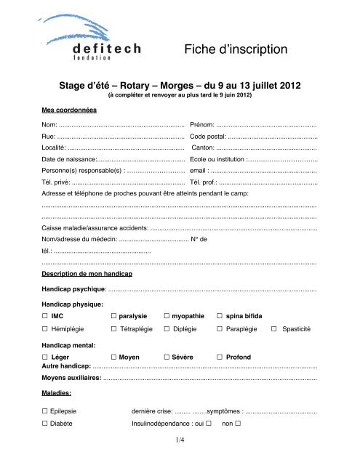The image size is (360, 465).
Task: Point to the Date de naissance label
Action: coord(69,158)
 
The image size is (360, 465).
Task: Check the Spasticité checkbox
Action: coord(273,329)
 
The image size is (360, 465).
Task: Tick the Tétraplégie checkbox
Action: coord(113,329)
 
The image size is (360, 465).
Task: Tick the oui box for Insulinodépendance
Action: coord(209,423)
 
